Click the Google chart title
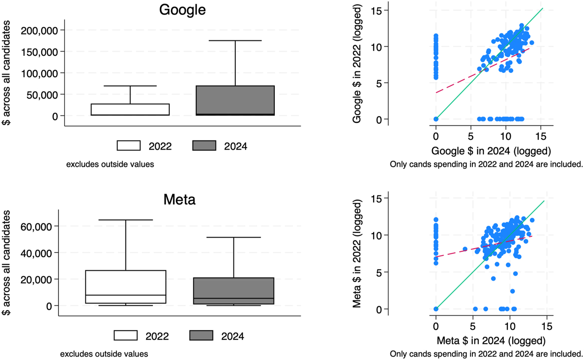pos(182,10)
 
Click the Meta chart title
pos(179,200)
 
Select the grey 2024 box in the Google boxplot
pos(235,100)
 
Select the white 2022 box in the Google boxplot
pos(130,110)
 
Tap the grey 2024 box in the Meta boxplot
pos(234,288)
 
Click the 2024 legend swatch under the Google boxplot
pos(204,146)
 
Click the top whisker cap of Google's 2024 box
pos(235,40)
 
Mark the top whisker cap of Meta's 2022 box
pos(126,220)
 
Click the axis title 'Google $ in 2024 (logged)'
pos(491,151)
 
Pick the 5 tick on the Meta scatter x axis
pos(473,327)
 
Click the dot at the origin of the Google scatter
pos(435,119)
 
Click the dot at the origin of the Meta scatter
pos(436,309)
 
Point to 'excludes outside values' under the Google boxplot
pos(110,165)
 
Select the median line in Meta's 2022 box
pos(126,295)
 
